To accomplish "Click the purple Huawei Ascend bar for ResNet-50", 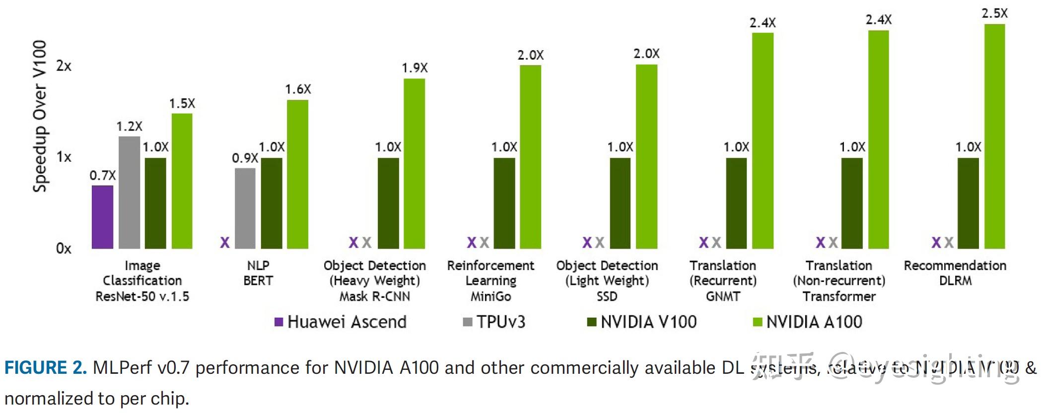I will point(102,217).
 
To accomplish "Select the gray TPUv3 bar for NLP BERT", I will point(245,208).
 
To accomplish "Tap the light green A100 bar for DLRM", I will point(994,137).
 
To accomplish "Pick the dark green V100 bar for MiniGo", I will point(504,204).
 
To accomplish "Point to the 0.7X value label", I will point(102,176).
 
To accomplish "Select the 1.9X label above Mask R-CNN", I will point(415,68).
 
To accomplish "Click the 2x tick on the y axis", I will point(64,66).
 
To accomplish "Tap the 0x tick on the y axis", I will point(64,248).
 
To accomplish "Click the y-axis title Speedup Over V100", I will point(40,116).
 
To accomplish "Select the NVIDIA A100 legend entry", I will point(808,322).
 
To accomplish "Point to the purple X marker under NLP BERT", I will point(225,242).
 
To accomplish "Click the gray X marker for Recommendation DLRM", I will point(949,242).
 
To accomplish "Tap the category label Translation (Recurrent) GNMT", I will point(723,281).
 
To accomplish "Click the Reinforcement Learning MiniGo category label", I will point(490,281).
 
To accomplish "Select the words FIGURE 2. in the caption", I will point(46,368).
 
